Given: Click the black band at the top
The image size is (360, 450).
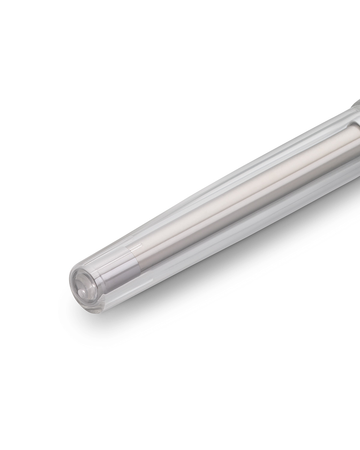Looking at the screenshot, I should point(180,48).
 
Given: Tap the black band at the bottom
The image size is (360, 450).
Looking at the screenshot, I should point(180,402).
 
